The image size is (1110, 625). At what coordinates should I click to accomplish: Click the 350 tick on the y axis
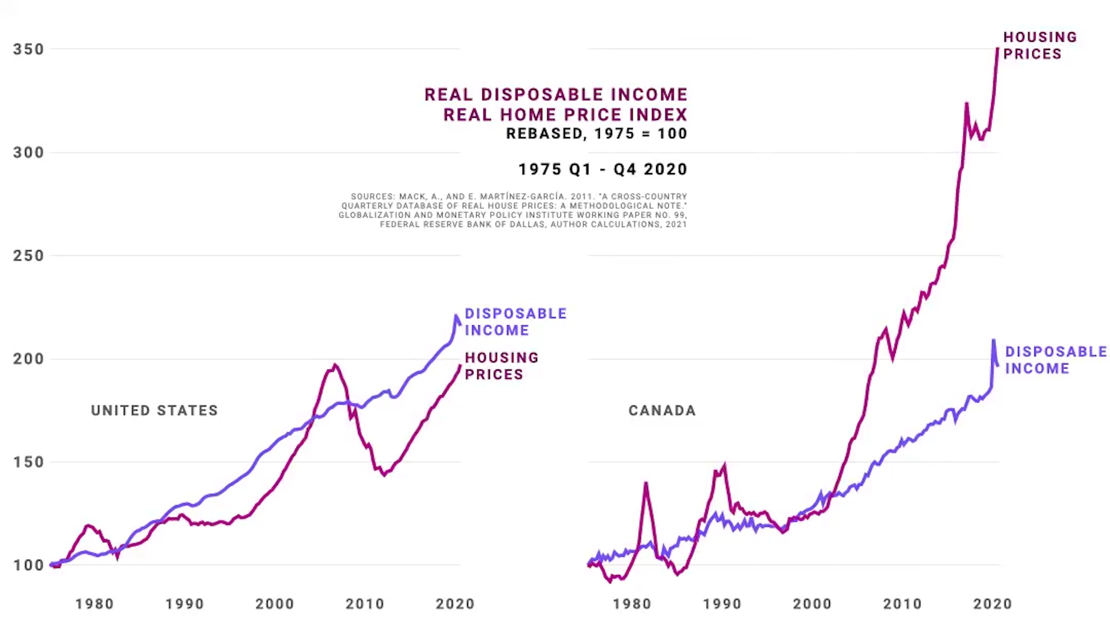click(x=28, y=49)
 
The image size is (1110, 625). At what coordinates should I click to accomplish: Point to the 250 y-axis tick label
click(x=28, y=256)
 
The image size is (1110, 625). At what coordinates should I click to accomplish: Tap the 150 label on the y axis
click(x=28, y=462)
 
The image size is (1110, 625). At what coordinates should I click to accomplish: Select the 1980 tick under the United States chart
click(x=95, y=604)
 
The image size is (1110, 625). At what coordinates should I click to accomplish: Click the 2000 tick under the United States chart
click(x=275, y=604)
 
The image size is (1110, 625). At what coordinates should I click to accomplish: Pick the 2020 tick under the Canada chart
click(x=993, y=604)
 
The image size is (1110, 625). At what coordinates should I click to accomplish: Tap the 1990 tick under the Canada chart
click(x=722, y=604)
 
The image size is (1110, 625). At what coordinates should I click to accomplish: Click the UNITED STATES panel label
click(x=154, y=411)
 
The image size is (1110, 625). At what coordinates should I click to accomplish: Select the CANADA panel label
click(x=662, y=411)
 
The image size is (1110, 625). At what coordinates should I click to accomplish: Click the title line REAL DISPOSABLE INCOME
click(x=556, y=95)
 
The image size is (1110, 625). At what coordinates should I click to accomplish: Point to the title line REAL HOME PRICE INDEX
click(x=565, y=115)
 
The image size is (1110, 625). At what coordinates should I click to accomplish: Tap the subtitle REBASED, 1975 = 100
click(x=597, y=134)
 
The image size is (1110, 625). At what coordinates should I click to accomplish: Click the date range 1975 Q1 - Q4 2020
click(x=603, y=169)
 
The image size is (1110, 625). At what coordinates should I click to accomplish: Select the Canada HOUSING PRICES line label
click(x=1040, y=46)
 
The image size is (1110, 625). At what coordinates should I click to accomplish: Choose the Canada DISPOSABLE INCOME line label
click(x=1056, y=360)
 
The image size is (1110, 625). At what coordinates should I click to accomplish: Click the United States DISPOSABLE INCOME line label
click(x=516, y=322)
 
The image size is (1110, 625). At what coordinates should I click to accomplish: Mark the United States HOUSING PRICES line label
click(x=501, y=366)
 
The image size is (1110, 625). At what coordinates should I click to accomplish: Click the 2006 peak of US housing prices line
click(x=335, y=365)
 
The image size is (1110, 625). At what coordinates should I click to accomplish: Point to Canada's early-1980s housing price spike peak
click(x=646, y=483)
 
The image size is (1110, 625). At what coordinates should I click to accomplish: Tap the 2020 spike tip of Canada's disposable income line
click(x=993, y=340)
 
